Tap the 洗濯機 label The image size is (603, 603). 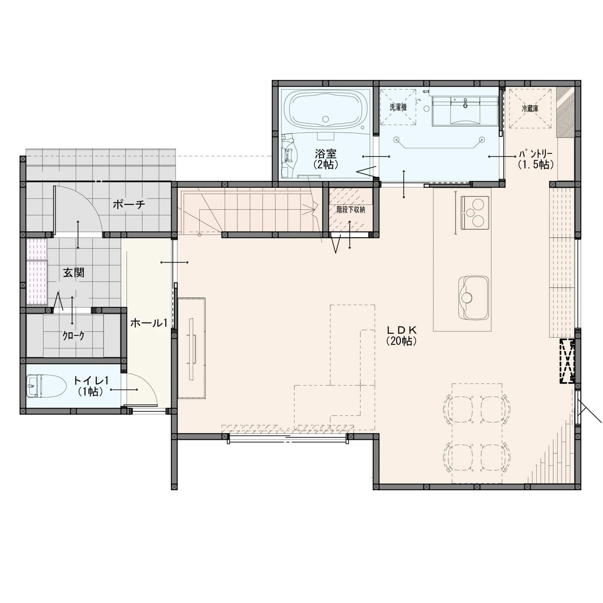398,107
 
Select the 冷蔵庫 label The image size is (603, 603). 530,109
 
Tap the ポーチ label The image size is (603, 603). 129,205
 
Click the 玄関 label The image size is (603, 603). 73,273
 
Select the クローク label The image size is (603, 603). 73,336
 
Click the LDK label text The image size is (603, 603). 402,330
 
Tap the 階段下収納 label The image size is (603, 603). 351,209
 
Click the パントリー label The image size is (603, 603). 535,154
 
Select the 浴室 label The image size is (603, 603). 326,154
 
